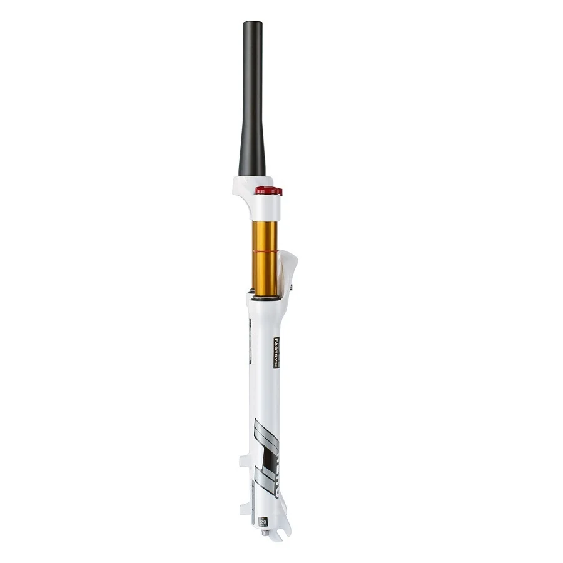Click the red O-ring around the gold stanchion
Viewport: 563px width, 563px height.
tap(265, 250)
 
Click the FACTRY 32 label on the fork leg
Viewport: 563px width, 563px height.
tap(275, 353)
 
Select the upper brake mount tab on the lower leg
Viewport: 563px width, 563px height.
tap(243, 464)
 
